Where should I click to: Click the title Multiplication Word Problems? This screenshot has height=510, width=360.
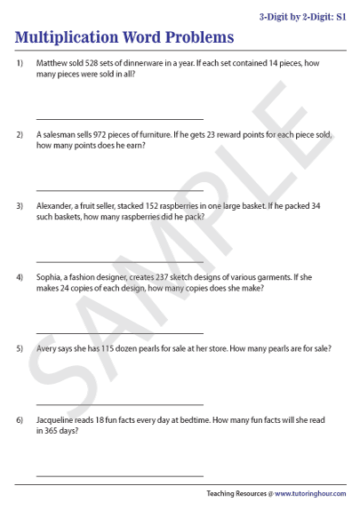click(x=124, y=37)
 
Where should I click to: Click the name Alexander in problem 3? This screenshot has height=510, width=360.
click(x=56, y=205)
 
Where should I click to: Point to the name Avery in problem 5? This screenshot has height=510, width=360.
click(x=48, y=347)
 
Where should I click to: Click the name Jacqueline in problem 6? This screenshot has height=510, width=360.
click(x=59, y=418)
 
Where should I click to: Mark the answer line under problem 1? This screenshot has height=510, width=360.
click(x=119, y=118)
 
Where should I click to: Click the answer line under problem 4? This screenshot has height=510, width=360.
click(x=119, y=331)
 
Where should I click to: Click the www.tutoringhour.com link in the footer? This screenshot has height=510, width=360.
click(x=309, y=493)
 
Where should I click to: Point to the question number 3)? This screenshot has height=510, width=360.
click(x=19, y=205)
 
